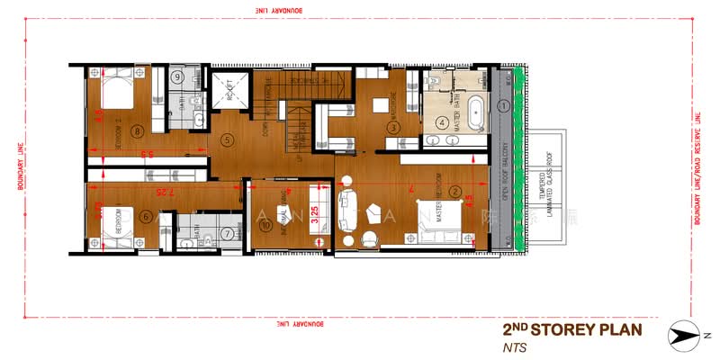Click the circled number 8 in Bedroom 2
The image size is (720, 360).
(x=137, y=132)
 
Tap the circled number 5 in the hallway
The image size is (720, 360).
(x=227, y=139)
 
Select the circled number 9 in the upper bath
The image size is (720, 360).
(x=179, y=77)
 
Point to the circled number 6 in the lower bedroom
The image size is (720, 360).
(x=146, y=217)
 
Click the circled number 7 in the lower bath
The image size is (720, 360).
(x=227, y=234)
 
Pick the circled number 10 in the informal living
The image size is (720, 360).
(x=265, y=226)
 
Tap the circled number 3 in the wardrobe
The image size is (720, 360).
(x=393, y=128)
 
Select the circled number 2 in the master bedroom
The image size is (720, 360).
(x=456, y=191)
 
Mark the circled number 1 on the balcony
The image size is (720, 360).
(x=505, y=105)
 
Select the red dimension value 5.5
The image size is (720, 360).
(x=148, y=155)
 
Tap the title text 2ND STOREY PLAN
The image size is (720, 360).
(x=571, y=329)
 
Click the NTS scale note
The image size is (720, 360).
(x=514, y=346)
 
